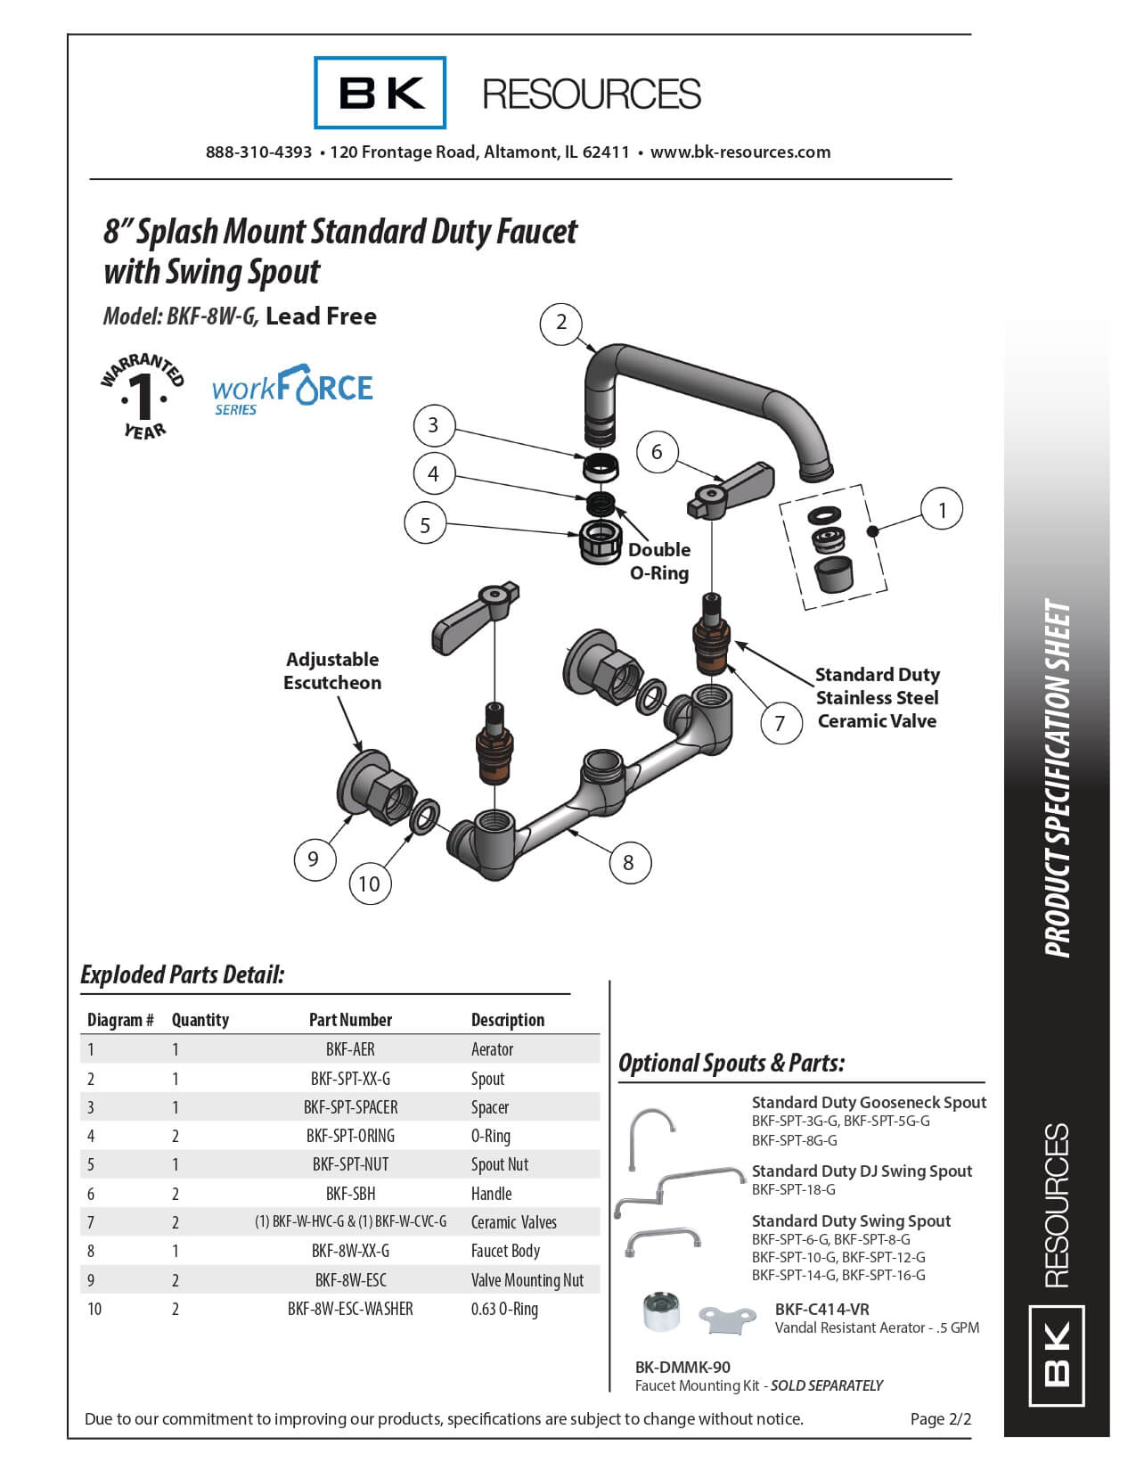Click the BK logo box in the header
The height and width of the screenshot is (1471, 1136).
(x=380, y=93)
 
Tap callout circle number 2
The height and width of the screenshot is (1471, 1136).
(x=561, y=323)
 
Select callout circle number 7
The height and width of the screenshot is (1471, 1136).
(x=780, y=722)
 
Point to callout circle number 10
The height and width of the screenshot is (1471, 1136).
(x=369, y=883)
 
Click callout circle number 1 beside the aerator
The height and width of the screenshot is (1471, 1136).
(x=942, y=510)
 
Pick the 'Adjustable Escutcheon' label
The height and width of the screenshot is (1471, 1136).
(x=332, y=671)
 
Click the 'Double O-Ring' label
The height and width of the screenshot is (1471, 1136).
(x=659, y=561)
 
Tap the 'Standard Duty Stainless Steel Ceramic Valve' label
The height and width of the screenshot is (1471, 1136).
(x=878, y=698)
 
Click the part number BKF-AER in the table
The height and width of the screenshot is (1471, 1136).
(x=350, y=1049)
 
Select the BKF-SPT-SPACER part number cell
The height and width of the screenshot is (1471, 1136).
(x=350, y=1107)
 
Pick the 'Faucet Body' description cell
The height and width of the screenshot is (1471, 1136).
(x=505, y=1251)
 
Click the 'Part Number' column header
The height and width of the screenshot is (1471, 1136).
(x=350, y=1020)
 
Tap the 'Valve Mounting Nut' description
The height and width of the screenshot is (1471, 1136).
(x=527, y=1280)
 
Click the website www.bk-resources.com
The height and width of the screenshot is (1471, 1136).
(x=740, y=152)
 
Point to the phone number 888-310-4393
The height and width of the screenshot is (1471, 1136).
(x=258, y=152)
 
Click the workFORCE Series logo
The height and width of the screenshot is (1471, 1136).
(x=292, y=390)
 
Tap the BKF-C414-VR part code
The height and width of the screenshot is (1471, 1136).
(x=821, y=1309)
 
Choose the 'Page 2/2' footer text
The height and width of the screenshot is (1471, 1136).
(x=940, y=1418)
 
